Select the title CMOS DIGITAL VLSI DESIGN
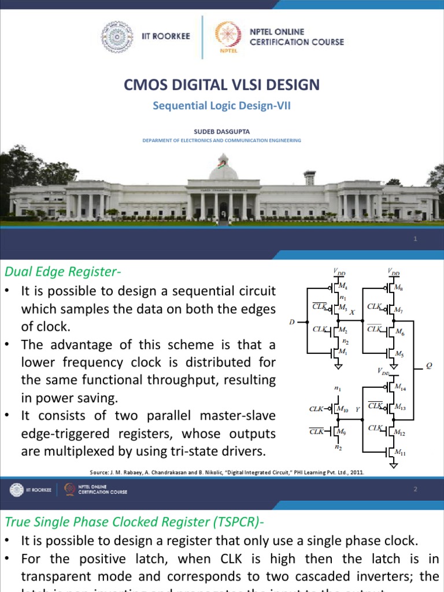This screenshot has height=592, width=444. coord(221,85)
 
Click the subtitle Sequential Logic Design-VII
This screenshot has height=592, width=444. coord(221,106)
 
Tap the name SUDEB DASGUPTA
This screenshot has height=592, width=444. coord(221,131)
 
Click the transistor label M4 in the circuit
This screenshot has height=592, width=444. coord(343,286)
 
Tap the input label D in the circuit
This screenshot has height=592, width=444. coord(292,322)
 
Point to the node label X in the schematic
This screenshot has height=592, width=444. coord(352,312)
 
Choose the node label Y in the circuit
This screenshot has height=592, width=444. coord(358,409)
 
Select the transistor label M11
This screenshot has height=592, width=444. coord(400,454)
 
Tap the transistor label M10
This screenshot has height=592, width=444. coord(343,409)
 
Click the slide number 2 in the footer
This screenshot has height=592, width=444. coord(415,490)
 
